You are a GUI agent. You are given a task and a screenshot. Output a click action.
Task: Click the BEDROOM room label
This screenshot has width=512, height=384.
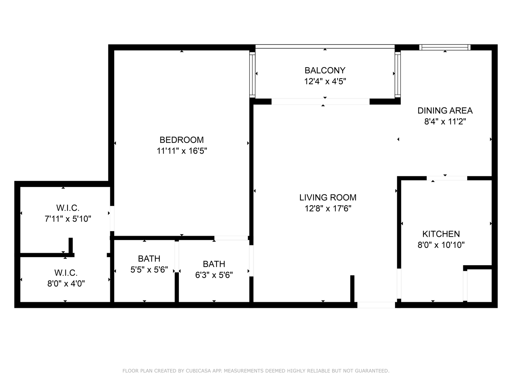click(181, 140)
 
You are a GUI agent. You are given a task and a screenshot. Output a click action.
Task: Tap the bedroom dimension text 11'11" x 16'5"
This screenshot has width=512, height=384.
click(181, 151)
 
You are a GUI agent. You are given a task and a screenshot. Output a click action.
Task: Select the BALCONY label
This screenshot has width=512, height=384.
click(325, 70)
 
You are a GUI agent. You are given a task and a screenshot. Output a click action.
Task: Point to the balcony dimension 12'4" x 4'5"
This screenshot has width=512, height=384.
click(325, 81)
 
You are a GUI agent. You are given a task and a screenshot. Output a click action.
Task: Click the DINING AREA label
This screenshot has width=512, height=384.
click(445, 111)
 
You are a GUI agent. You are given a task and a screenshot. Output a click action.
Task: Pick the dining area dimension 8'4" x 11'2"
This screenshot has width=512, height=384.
click(445, 122)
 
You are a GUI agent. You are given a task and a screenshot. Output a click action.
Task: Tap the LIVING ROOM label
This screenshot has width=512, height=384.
click(327, 197)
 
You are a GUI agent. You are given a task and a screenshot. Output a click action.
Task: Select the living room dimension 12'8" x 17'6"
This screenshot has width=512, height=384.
click(327, 209)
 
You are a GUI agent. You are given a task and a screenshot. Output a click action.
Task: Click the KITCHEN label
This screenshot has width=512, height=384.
click(441, 234)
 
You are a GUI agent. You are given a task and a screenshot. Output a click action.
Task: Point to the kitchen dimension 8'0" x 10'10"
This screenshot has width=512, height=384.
click(441, 245)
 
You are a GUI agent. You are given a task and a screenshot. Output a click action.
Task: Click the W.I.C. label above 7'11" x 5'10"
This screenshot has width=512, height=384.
click(68, 208)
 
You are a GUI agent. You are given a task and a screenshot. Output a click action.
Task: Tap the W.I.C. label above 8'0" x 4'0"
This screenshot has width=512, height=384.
click(66, 273)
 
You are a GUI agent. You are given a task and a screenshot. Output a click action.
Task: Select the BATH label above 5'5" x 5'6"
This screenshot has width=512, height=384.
click(149, 258)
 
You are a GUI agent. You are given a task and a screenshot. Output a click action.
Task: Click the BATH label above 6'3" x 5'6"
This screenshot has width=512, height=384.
click(214, 264)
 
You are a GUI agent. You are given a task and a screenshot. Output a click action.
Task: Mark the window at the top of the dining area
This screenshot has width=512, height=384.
click(444, 47)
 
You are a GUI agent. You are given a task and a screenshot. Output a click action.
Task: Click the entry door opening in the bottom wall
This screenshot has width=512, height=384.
click(376, 305)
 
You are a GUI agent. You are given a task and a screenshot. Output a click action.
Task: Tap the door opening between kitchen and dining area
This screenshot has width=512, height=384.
click(447, 178)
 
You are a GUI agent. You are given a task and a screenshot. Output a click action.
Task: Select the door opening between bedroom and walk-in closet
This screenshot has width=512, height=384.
click(112, 218)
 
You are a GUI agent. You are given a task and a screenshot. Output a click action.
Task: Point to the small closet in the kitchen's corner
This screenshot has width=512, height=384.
click(479, 285)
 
